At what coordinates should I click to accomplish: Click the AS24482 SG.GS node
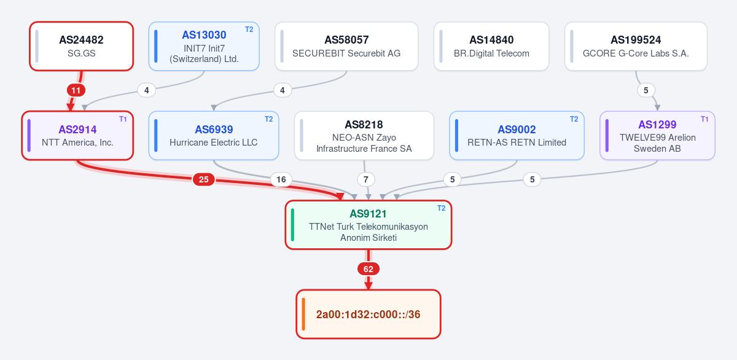(x=81, y=46)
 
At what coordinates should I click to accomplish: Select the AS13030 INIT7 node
(x=204, y=46)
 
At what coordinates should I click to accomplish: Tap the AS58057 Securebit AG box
(x=346, y=46)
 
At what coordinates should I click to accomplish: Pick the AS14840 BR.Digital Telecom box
(x=491, y=46)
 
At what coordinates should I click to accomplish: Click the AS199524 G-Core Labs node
(x=636, y=46)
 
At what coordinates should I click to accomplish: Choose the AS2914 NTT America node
(x=77, y=136)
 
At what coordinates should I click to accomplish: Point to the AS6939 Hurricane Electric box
(x=214, y=136)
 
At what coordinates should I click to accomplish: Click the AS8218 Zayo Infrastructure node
(x=364, y=136)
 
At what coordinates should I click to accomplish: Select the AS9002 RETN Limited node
(x=517, y=136)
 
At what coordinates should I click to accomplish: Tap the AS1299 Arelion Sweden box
(x=657, y=136)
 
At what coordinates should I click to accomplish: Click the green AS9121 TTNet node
(x=368, y=225)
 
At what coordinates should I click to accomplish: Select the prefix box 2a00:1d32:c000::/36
(x=368, y=314)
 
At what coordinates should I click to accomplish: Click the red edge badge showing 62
(x=368, y=269)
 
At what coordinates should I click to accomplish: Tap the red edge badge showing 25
(x=204, y=179)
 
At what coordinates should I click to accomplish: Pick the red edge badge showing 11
(x=76, y=90)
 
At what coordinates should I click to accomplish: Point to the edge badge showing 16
(x=281, y=179)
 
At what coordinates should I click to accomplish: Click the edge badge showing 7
(x=366, y=179)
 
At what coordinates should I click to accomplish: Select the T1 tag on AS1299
(x=704, y=119)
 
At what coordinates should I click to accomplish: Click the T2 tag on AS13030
(x=249, y=29)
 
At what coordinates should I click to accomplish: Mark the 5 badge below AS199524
(x=646, y=90)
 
